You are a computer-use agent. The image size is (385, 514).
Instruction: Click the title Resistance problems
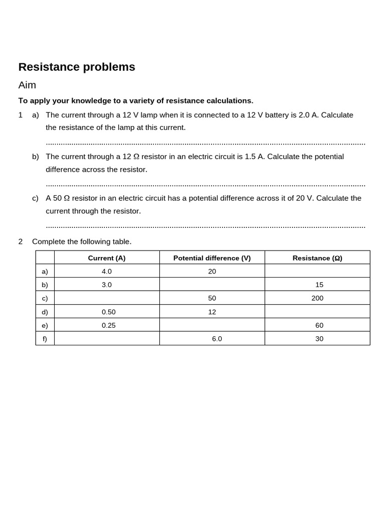(x=77, y=67)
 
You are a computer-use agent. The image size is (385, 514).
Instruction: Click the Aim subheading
(x=27, y=85)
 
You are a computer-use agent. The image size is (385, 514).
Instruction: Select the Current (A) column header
(x=107, y=258)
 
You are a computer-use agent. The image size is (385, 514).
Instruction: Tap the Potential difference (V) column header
(x=212, y=258)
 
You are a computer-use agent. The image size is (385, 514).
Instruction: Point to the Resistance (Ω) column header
(x=317, y=258)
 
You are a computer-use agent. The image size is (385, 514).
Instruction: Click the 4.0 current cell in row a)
(x=107, y=271)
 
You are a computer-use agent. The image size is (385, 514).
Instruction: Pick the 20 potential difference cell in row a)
(x=212, y=271)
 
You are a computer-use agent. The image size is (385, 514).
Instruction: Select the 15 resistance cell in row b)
(x=319, y=285)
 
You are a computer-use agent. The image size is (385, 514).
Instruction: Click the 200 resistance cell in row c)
(x=317, y=298)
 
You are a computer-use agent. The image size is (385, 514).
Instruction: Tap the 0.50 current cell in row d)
(x=109, y=312)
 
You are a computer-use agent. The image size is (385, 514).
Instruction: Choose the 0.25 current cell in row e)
(x=109, y=325)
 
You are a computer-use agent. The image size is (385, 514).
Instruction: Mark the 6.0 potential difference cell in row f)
(x=217, y=339)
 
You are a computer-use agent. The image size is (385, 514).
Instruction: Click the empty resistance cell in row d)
(x=317, y=312)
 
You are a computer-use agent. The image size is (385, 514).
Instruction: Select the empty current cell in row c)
(x=107, y=298)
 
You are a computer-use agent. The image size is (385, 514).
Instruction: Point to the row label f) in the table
(x=45, y=339)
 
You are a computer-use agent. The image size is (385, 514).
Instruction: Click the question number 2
(x=21, y=241)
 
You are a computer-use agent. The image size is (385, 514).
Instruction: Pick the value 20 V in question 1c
(x=304, y=198)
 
